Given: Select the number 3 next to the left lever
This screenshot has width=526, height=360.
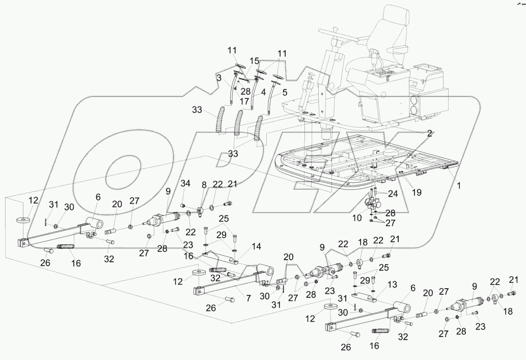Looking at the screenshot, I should [x=218, y=78].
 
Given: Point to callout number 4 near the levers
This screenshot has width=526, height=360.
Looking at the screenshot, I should [x=263, y=92].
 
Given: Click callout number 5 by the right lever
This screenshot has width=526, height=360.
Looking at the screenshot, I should [x=284, y=93].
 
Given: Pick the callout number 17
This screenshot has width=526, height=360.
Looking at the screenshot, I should [x=245, y=101].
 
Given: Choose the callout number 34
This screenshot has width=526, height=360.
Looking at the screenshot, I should [x=185, y=183].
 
